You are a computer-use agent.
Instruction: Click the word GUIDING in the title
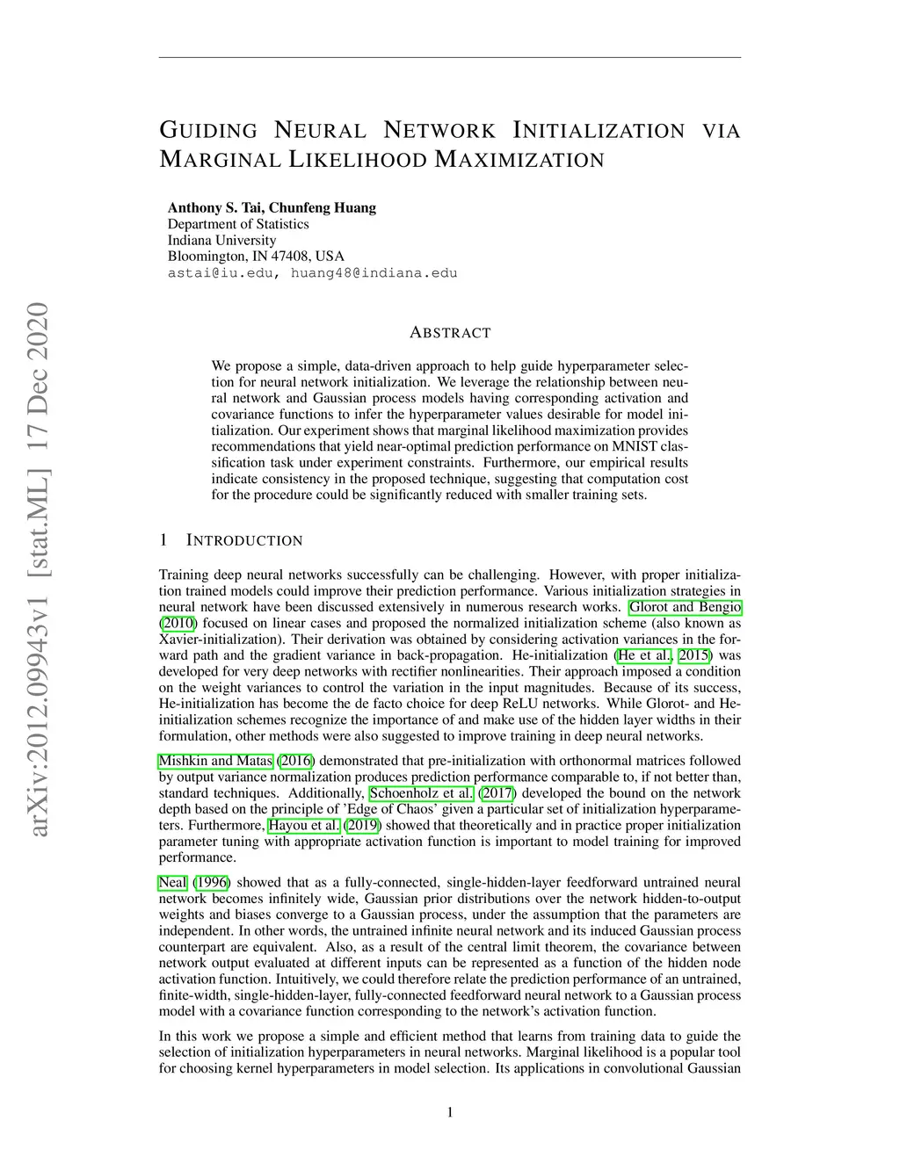[x=208, y=131]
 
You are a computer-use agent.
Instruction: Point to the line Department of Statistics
[x=238, y=224]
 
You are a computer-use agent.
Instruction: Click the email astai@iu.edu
[x=221, y=273]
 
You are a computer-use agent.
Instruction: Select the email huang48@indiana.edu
[x=374, y=273]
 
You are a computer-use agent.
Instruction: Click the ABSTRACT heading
[x=450, y=333]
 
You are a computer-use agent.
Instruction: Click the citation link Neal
[x=172, y=882]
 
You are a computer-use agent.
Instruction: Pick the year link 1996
[x=211, y=882]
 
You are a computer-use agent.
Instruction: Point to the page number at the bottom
[x=450, y=1113]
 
